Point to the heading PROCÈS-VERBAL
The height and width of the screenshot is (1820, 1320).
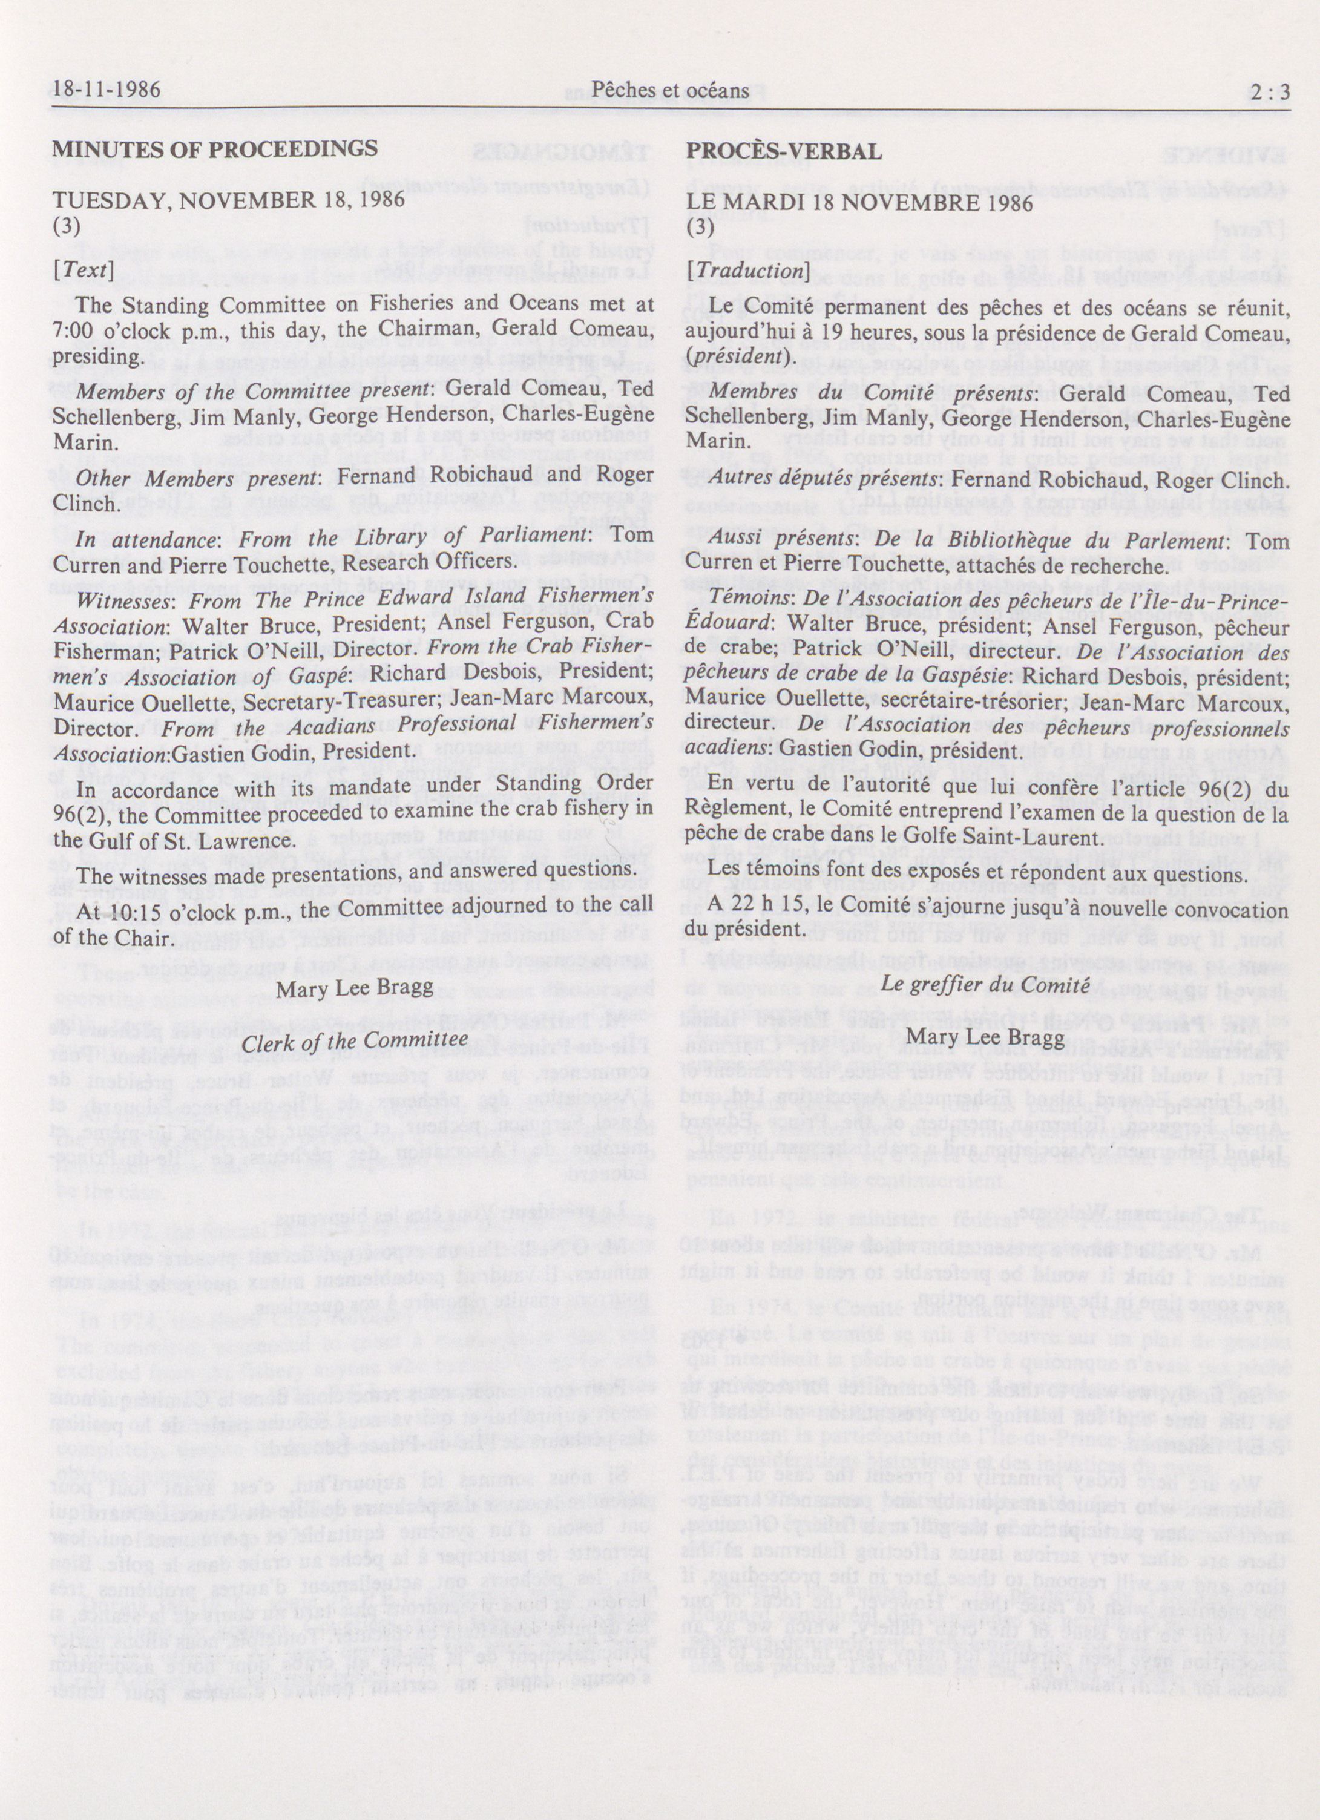click(784, 150)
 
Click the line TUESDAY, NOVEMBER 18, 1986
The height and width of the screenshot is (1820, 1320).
click(229, 200)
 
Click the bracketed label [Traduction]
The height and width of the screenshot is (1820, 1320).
click(746, 271)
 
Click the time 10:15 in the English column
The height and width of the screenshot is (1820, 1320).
click(126, 914)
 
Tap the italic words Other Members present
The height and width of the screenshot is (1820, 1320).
click(197, 480)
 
